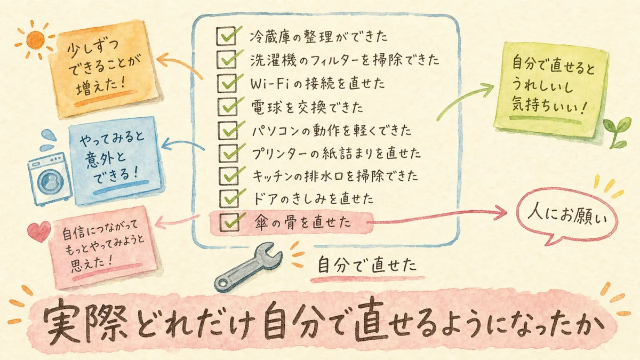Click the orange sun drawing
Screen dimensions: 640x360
pyautogui.click(x=35, y=39)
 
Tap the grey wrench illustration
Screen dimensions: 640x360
pyautogui.click(x=248, y=267)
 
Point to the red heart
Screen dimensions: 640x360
pyautogui.click(x=39, y=231)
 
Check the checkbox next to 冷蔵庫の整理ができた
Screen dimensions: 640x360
pyautogui.click(x=226, y=36)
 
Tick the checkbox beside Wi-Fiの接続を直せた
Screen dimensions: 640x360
pyautogui.click(x=227, y=83)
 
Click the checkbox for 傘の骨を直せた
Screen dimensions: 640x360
pyautogui.click(x=229, y=222)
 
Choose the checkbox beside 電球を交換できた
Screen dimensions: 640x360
pyautogui.click(x=228, y=107)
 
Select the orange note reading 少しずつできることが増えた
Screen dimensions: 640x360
pyautogui.click(x=104, y=69)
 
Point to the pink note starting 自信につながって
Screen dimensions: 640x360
pyautogui.click(x=103, y=247)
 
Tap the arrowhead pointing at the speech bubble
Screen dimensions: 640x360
pyautogui.click(x=501, y=213)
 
